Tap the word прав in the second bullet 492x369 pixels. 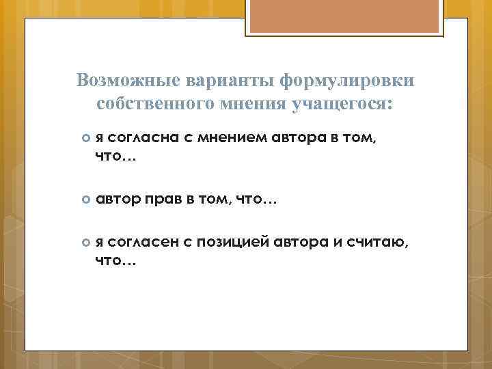(165, 201)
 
